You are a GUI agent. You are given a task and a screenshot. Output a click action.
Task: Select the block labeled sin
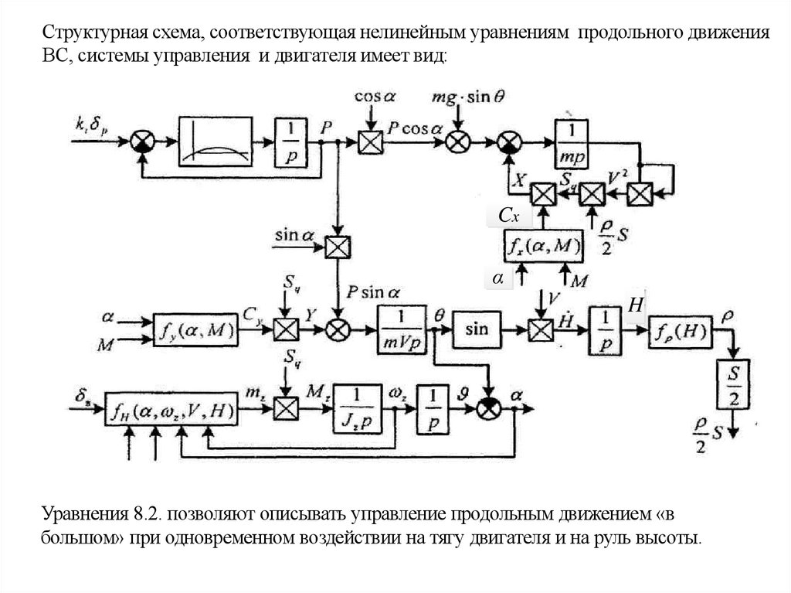click(x=477, y=329)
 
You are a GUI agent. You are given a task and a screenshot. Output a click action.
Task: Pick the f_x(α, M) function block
click(x=540, y=247)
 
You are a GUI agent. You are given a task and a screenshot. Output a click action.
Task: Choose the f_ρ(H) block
click(x=680, y=332)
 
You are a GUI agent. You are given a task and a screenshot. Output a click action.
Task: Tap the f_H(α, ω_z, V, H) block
click(x=171, y=411)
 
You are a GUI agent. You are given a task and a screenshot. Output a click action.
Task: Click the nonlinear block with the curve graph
click(x=216, y=140)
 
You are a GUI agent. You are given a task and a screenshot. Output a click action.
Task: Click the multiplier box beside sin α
click(x=337, y=247)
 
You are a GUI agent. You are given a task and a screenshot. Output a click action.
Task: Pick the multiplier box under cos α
click(x=371, y=141)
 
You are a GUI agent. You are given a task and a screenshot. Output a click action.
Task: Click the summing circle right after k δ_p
click(x=143, y=141)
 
